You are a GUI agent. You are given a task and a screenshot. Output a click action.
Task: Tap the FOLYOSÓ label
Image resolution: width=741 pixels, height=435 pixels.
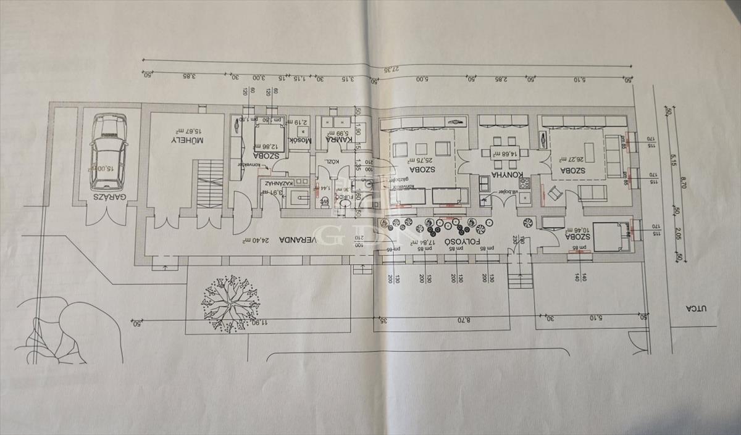[x=463, y=242]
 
